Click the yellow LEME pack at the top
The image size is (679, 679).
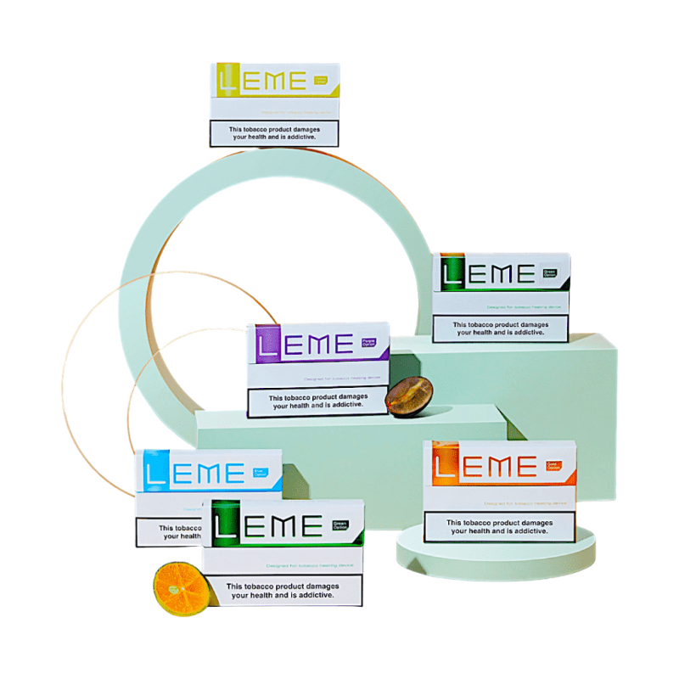pyautogui.click(x=273, y=104)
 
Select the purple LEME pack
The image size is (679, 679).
pyautogui.click(x=317, y=369)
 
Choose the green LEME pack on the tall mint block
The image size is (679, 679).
pyautogui.click(x=501, y=297)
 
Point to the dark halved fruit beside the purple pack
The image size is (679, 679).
pyautogui.click(x=409, y=393)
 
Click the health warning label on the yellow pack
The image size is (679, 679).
pyautogui.click(x=273, y=133)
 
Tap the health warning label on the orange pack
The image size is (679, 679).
pyautogui.click(x=498, y=526)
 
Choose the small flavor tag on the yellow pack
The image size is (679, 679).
pyautogui.click(x=321, y=81)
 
